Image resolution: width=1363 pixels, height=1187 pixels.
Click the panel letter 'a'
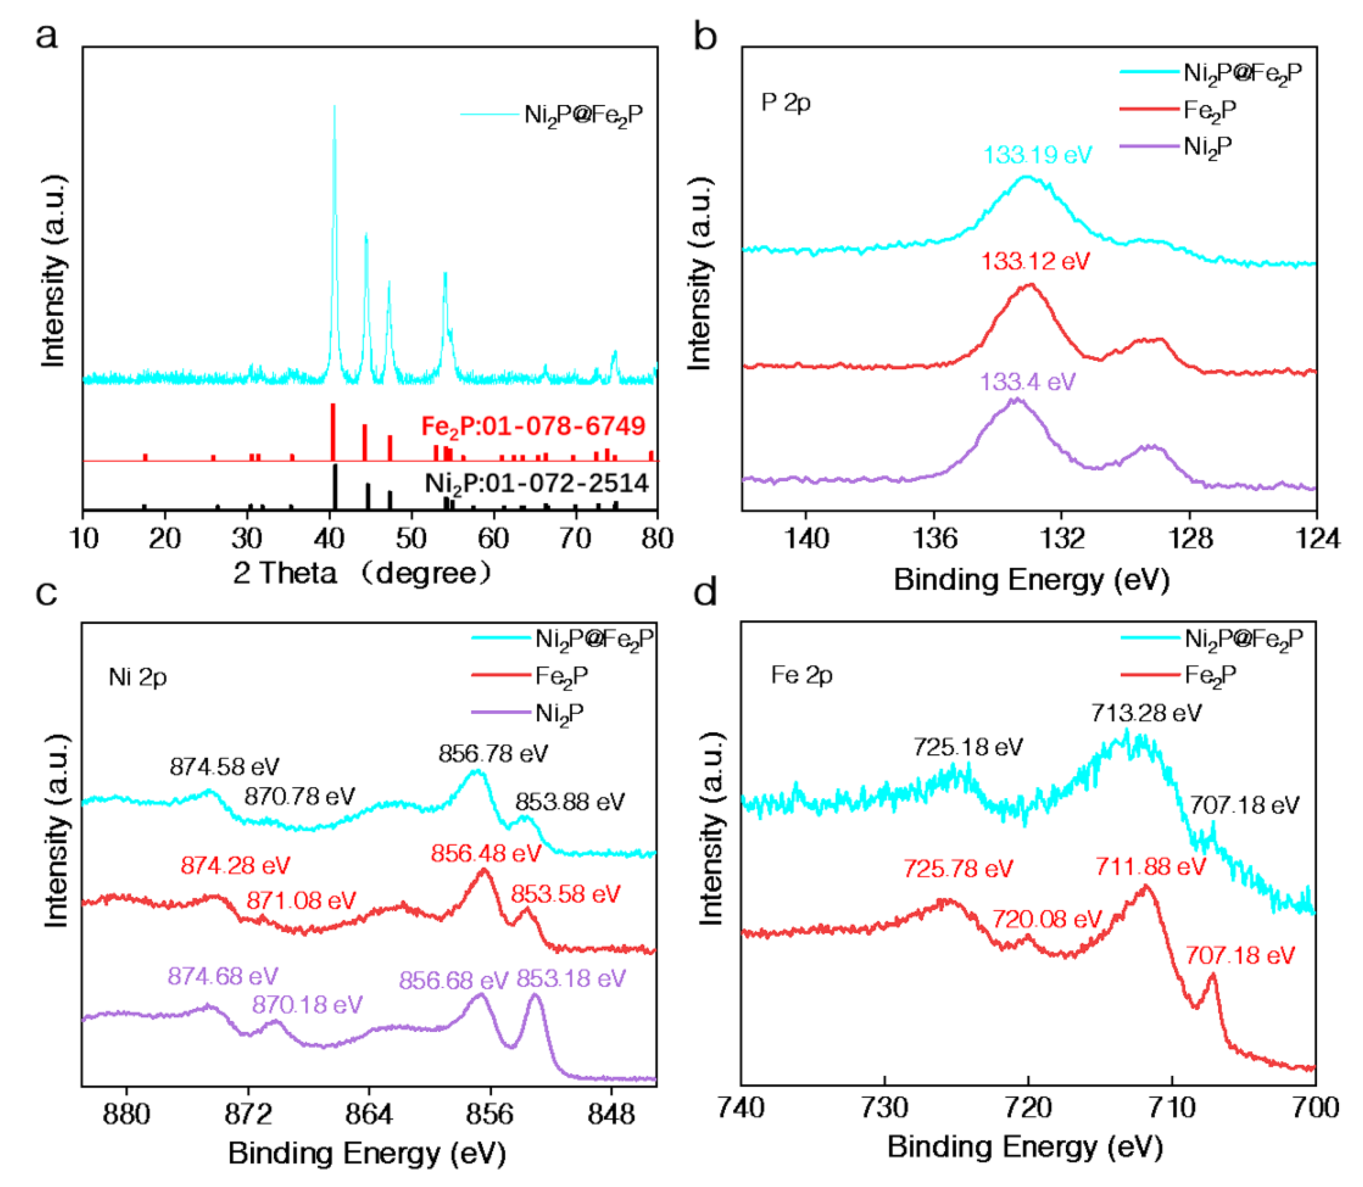pos(46,37)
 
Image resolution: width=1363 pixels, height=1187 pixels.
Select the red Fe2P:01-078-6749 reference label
pos(533,426)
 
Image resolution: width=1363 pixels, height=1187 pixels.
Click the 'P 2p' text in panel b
pos(786,103)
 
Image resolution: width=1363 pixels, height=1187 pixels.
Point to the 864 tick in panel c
pos(369,1114)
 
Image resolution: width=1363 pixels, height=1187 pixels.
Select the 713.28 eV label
pos(1146,713)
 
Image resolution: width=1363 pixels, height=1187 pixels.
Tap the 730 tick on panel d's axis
pos(885,1108)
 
